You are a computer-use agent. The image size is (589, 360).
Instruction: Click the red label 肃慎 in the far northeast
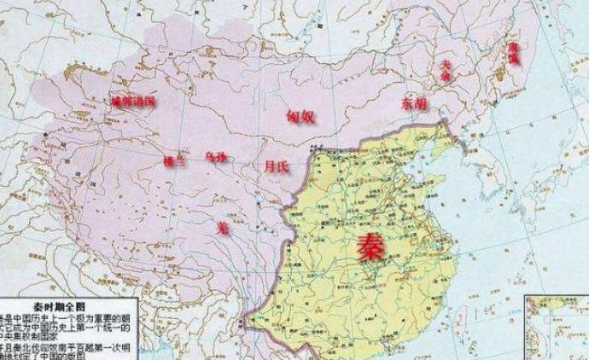pos(514,50)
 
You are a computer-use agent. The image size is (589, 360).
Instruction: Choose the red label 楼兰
pos(173,160)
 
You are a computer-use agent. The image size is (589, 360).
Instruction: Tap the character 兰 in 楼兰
pos(179,160)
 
